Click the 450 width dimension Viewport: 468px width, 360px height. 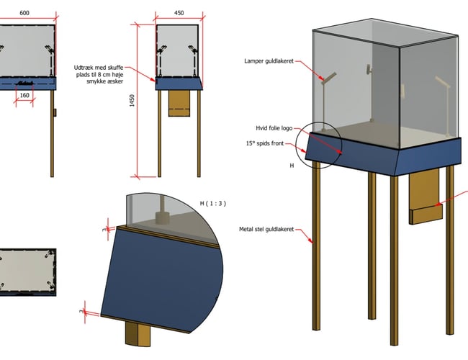(179, 12)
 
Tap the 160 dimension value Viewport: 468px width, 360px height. (24, 95)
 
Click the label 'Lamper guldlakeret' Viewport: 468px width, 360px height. (268, 62)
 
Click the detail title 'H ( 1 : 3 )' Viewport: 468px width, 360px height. (212, 204)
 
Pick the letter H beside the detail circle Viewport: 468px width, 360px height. (292, 165)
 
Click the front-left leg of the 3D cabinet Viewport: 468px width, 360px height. (316, 245)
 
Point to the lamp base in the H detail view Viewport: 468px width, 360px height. (162, 218)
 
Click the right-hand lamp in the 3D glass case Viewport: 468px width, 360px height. (444, 101)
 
